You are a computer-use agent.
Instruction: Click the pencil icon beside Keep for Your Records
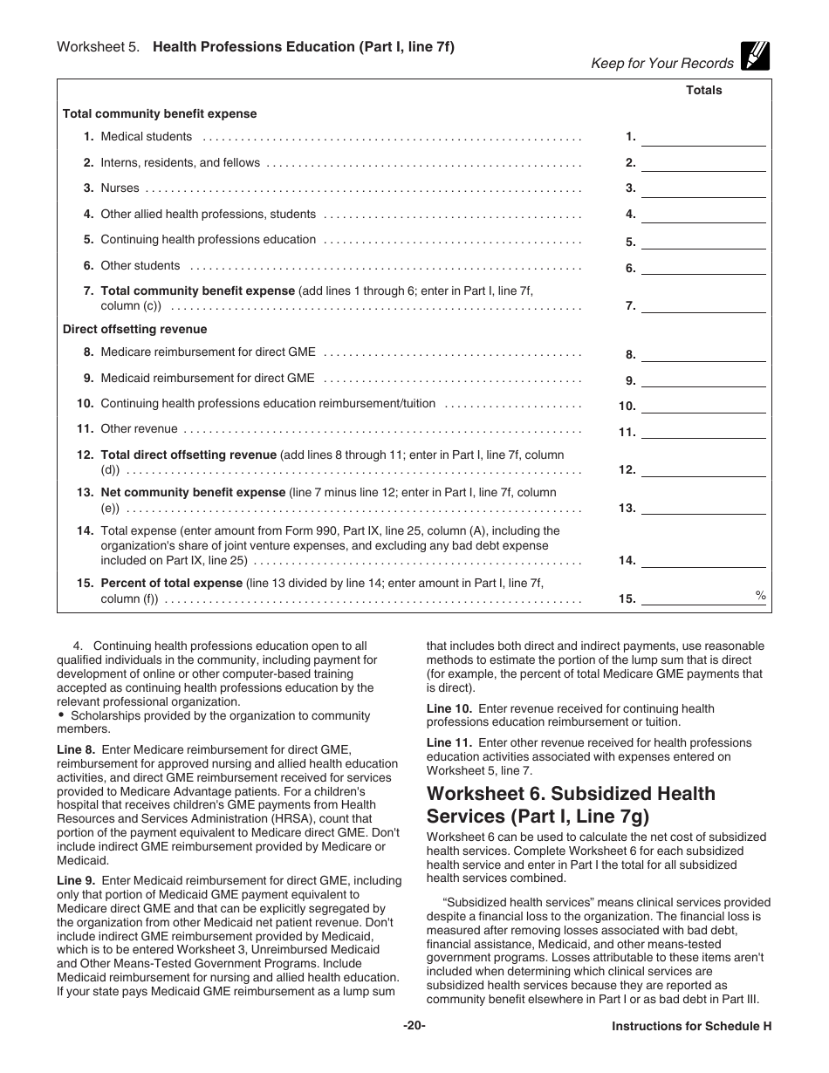pyautogui.click(x=754, y=57)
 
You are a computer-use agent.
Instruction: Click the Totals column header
pyautogui.click(x=703, y=90)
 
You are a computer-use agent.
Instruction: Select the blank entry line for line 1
pyautogui.click(x=703, y=138)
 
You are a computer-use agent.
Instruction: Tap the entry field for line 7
pyautogui.click(x=703, y=306)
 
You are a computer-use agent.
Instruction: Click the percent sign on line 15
pyautogui.click(x=760, y=595)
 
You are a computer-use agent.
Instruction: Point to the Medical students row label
pyautogui.click(x=147, y=137)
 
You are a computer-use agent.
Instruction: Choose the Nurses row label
pyautogui.click(x=120, y=188)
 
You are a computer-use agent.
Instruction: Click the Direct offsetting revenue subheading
pyautogui.click(x=135, y=330)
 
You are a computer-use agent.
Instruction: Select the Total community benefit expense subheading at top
pyautogui.click(x=160, y=114)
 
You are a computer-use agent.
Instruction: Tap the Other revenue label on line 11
pyautogui.click(x=140, y=429)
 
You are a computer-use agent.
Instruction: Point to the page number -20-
pyautogui.click(x=414, y=1026)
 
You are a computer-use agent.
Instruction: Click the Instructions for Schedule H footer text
pyautogui.click(x=691, y=1027)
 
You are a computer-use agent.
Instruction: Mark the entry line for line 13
pyautogui.click(x=703, y=508)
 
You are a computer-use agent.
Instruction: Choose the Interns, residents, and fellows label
pyautogui.click(x=181, y=163)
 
